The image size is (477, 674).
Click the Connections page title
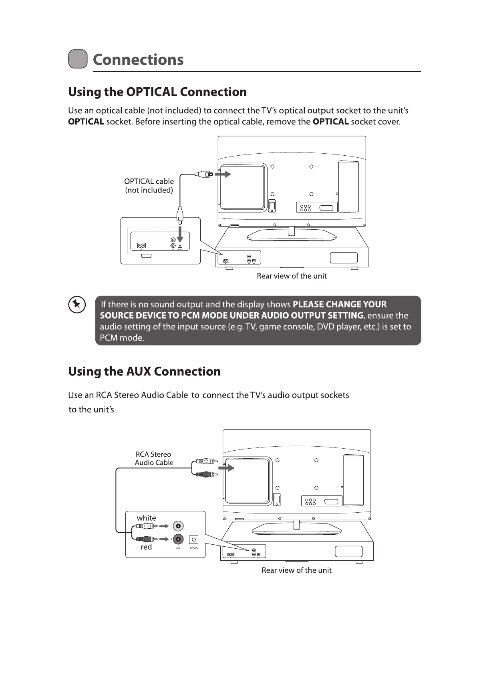point(138,60)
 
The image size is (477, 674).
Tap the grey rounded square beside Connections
point(78,59)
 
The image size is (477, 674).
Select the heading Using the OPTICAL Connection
point(157,92)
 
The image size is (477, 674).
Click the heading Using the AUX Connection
point(144,371)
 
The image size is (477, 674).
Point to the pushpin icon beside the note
point(77,305)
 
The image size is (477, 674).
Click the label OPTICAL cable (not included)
point(149,186)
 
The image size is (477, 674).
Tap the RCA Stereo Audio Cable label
point(154,458)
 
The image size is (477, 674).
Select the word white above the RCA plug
point(146,518)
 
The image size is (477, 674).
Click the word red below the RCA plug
point(146,547)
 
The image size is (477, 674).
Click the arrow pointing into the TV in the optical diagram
point(223,174)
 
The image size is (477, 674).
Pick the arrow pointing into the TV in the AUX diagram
point(228,468)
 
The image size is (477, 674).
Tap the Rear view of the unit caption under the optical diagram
point(292,276)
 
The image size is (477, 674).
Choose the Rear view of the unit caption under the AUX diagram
point(296,570)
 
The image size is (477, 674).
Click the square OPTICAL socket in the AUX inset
point(194,540)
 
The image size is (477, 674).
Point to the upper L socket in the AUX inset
point(178,526)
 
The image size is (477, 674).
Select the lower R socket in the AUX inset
point(178,539)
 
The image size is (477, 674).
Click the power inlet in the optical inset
point(141,246)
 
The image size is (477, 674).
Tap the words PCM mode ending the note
point(122,338)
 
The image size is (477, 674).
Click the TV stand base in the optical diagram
point(292,237)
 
